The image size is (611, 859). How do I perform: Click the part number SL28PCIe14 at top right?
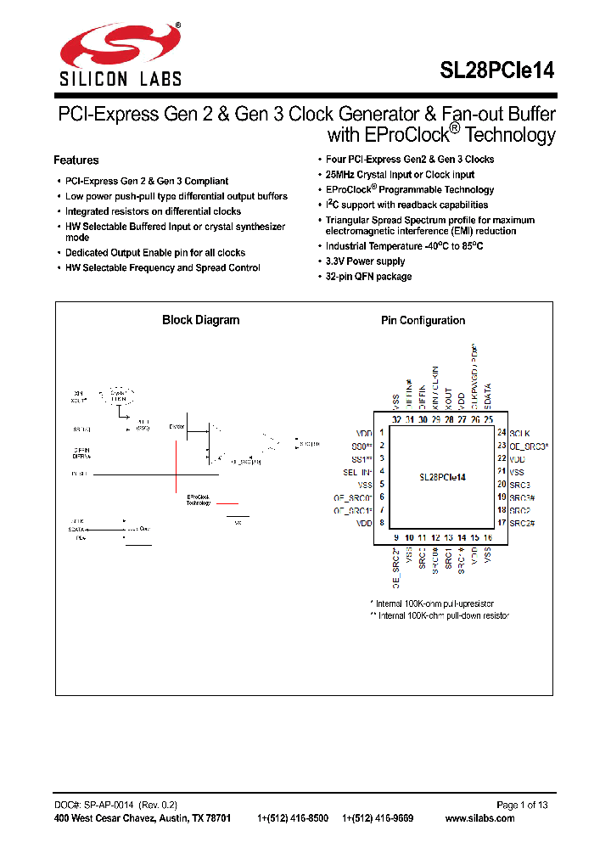click(496, 71)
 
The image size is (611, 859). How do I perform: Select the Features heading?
click(76, 160)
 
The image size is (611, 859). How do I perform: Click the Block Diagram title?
click(200, 320)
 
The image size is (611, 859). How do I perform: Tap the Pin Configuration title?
click(423, 320)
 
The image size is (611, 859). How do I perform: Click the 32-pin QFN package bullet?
click(369, 277)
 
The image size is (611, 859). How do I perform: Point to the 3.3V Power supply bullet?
click(366, 261)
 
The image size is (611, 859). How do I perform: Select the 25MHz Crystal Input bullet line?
click(401, 175)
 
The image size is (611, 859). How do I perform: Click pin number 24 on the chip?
click(502, 433)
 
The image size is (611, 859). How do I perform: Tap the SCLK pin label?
click(519, 433)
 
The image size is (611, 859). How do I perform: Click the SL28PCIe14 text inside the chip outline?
click(442, 478)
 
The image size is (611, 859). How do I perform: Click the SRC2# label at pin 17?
click(523, 523)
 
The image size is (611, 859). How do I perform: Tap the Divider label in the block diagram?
click(177, 426)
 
